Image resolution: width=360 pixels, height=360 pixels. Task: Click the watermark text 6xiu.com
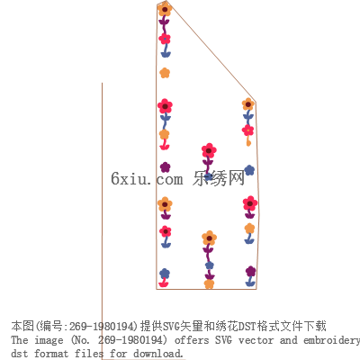147,178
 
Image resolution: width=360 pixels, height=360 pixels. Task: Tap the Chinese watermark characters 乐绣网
219,178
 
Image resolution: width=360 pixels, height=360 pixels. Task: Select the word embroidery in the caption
331,340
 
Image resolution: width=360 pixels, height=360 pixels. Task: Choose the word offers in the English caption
192,340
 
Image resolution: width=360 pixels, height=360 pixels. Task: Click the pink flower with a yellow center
248,130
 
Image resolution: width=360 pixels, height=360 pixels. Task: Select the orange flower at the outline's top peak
165,9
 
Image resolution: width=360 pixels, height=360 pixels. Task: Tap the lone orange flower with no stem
165,73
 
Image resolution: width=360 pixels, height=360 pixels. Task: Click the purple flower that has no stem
165,167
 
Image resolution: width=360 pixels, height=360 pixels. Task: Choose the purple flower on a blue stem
250,272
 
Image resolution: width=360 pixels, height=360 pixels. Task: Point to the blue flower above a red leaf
165,274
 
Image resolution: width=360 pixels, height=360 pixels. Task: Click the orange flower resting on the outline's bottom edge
209,283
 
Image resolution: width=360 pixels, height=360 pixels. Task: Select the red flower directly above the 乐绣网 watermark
209,150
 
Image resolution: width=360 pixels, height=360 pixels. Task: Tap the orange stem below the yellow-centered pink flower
248,141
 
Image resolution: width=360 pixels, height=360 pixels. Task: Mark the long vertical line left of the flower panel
102,220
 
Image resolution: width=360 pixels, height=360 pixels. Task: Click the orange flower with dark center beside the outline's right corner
248,104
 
